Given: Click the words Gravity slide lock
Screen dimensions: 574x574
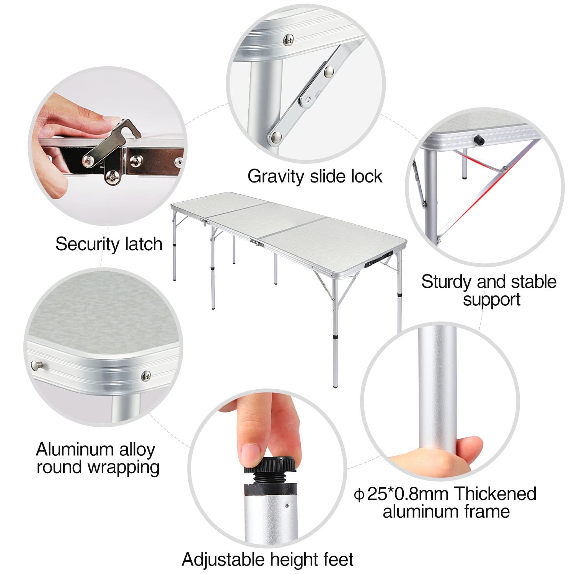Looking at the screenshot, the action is point(315,176).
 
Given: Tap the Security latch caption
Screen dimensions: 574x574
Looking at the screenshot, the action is point(109,244).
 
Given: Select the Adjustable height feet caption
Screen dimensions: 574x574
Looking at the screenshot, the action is point(267,560).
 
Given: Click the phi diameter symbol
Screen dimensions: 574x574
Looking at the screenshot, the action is point(359,495).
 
